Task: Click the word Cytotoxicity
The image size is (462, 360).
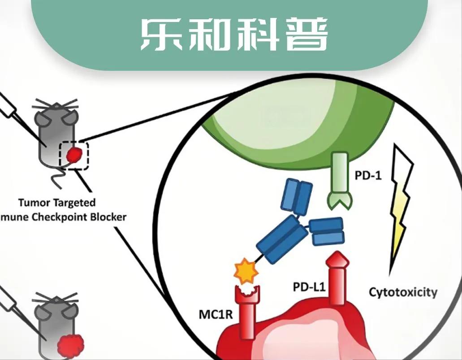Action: click(403, 292)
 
